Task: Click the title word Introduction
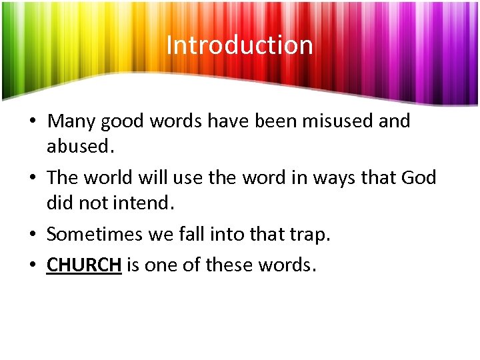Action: [x=239, y=45]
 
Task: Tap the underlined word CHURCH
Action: [x=84, y=265]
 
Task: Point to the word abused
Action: [x=77, y=145]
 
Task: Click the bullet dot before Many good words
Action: [x=31, y=123]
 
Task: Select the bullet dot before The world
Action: [x=31, y=179]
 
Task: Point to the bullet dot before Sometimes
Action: [x=31, y=236]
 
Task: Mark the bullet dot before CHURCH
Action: [x=31, y=266]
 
